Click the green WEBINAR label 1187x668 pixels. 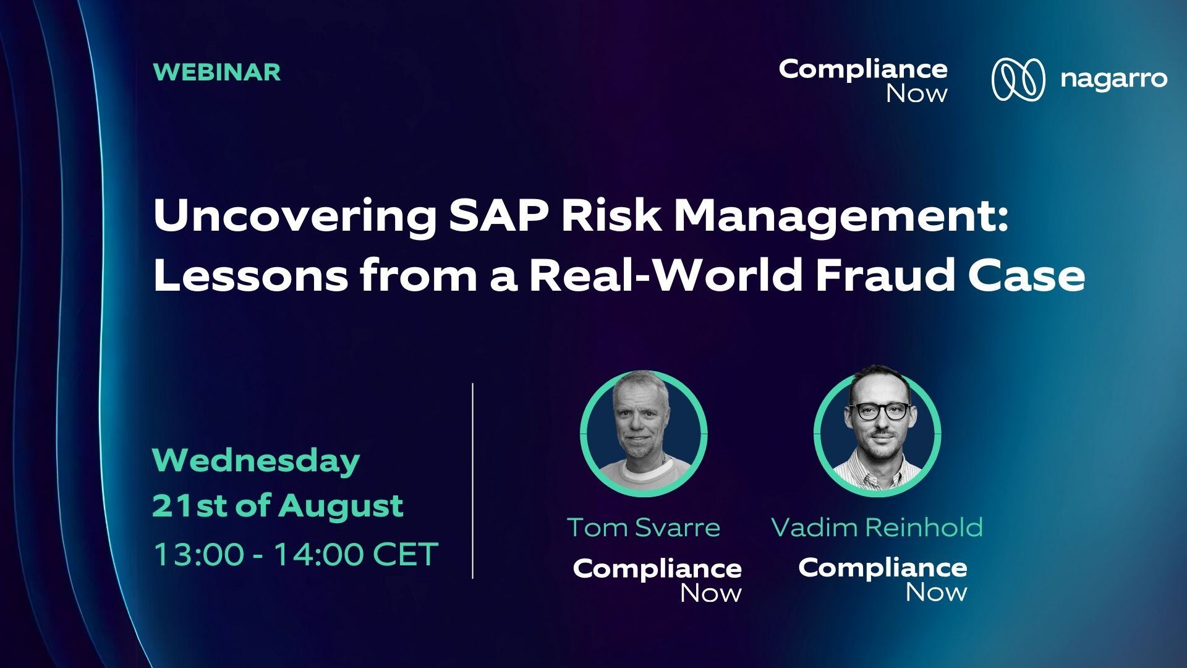tap(217, 72)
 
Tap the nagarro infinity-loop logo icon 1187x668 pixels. tap(1018, 79)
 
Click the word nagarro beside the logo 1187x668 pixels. tap(1113, 80)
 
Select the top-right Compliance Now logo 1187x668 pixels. tap(863, 80)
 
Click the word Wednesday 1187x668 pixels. tap(256, 461)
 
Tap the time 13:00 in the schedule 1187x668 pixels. tap(198, 554)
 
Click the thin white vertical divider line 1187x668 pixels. tap(473, 481)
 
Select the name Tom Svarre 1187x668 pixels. tap(644, 528)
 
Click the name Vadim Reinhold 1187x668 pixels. tap(877, 528)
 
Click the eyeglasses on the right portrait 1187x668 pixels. tap(879, 411)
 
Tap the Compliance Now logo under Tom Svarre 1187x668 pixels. tap(657, 580)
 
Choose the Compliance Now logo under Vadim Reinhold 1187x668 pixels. tap(883, 579)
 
